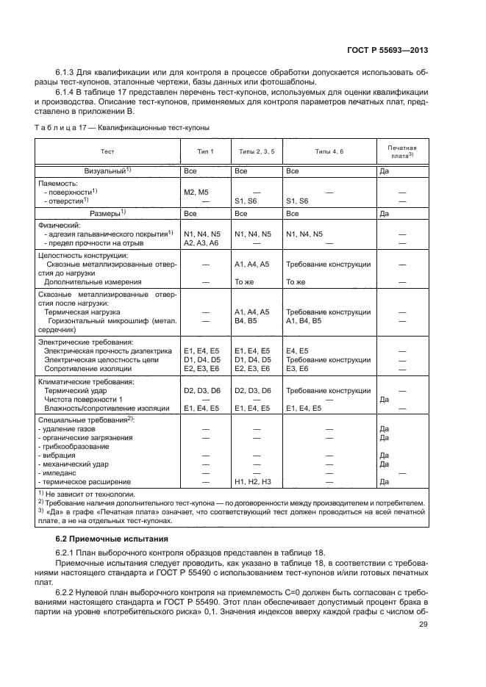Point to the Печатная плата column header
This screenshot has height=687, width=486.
[402, 151]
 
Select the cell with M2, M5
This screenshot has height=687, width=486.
[197, 192]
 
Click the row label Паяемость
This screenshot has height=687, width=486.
[58, 182]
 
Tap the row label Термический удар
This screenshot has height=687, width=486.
[76, 391]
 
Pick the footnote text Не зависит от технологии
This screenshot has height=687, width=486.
[89, 495]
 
